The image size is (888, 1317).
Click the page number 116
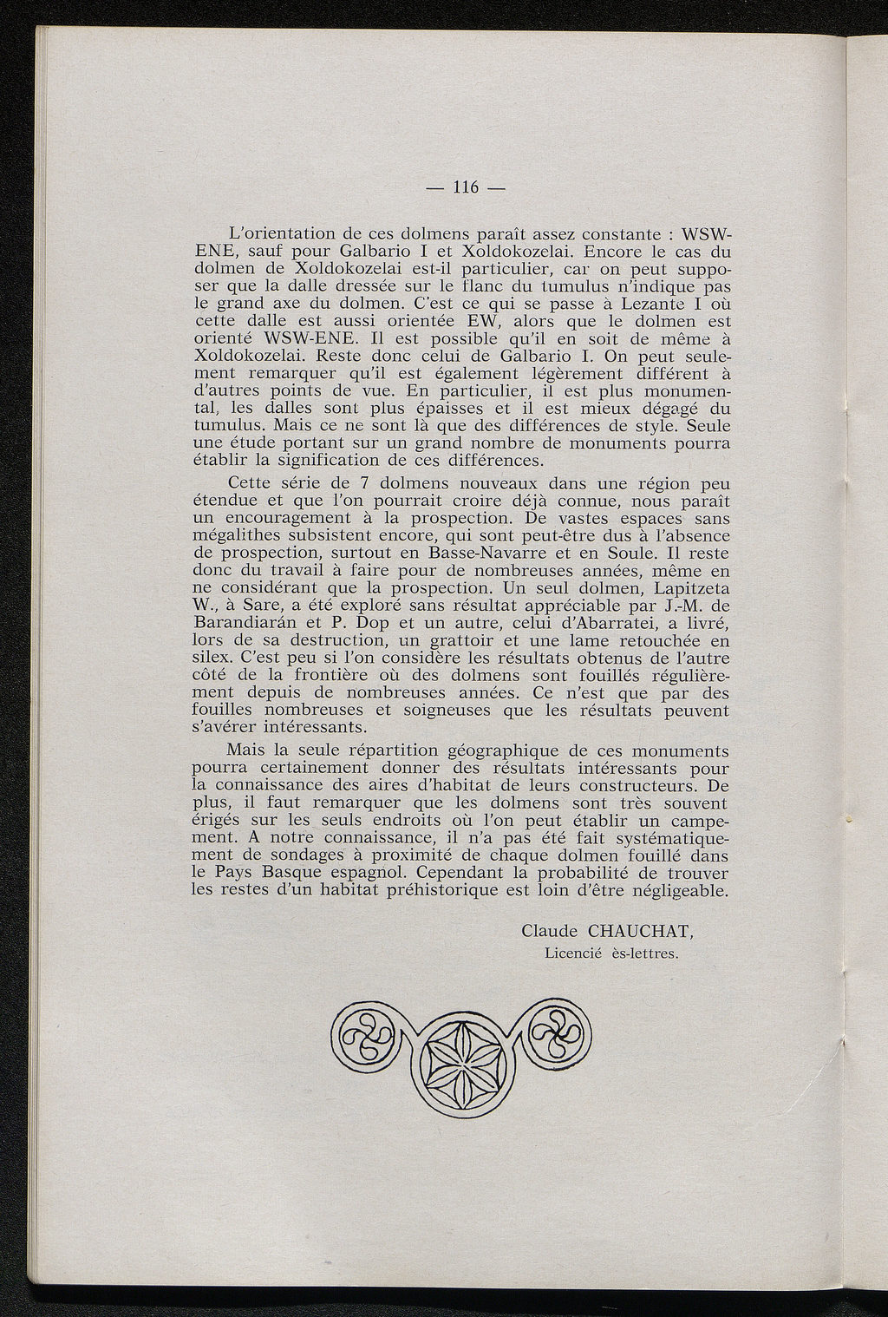pos(466,188)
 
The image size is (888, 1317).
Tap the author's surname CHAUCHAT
pos(643,932)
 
